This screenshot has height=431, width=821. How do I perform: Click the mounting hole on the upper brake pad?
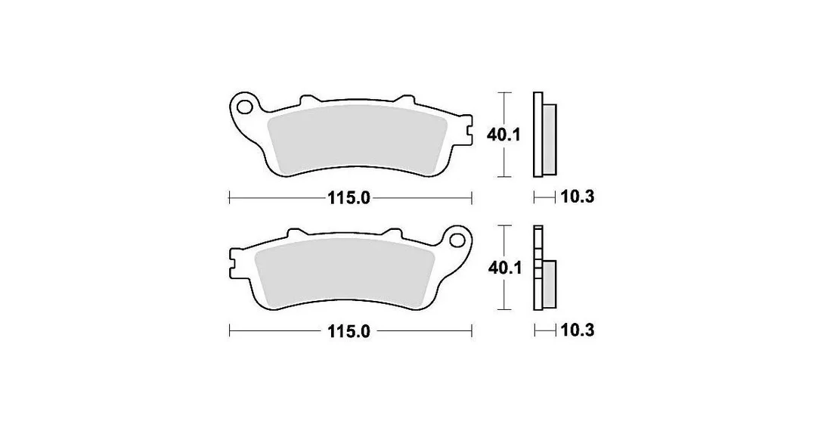click(243, 107)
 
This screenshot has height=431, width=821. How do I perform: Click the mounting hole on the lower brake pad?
click(457, 240)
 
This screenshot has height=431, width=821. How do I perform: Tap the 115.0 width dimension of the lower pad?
click(349, 331)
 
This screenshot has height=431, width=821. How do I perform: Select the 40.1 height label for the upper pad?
click(503, 135)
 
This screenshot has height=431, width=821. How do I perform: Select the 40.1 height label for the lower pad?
click(504, 268)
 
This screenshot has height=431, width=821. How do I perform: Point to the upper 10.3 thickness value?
click(578, 197)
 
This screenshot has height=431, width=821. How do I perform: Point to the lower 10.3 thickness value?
click(578, 330)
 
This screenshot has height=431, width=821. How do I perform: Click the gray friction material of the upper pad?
click(356, 139)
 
